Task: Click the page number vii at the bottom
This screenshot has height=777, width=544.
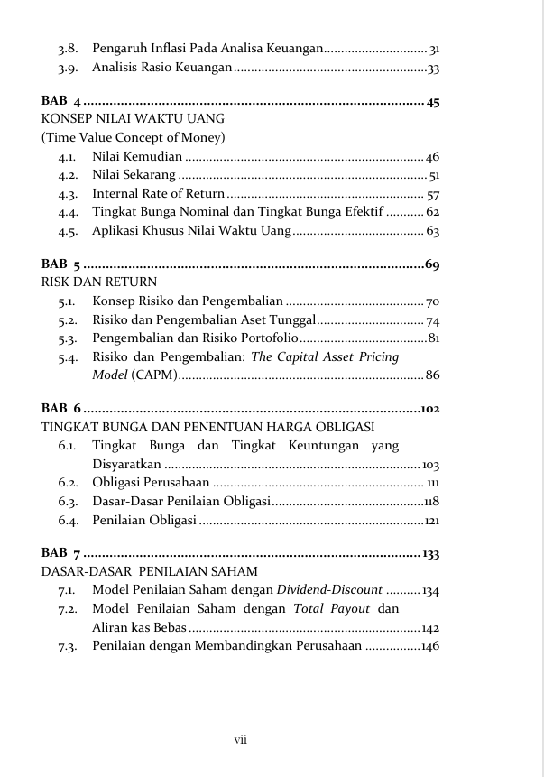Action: pos(241,740)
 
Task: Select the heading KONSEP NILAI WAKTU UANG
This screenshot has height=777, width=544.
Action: pos(133,119)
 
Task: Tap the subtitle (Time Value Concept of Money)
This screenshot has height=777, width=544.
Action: pos(133,138)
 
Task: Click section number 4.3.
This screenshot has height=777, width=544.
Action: pos(67,194)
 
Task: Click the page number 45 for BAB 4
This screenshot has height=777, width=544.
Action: pos(432,101)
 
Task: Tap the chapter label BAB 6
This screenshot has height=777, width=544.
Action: pos(62,409)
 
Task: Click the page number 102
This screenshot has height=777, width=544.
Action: pos(429,409)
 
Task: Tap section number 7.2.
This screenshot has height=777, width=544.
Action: pos(66,609)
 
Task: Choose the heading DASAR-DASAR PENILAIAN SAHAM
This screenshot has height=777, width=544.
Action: pos(150,572)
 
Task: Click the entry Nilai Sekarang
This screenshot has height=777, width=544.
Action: pos(134,176)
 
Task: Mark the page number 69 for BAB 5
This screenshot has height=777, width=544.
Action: pos(431,264)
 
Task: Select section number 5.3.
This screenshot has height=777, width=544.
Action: pos(67,338)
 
